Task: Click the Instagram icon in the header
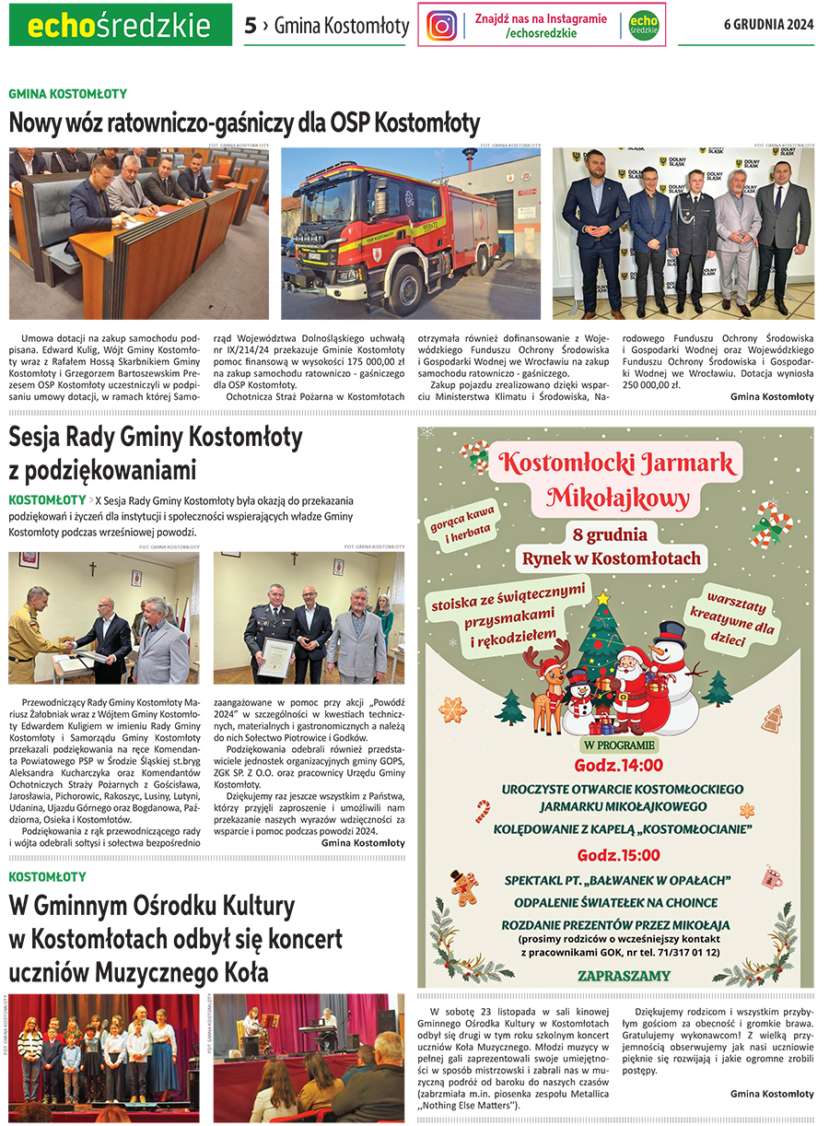point(441,25)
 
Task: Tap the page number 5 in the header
point(251,26)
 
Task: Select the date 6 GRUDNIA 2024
point(768,25)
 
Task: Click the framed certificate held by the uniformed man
point(275,656)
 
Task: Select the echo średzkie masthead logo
point(120,26)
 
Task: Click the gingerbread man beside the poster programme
point(464,886)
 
